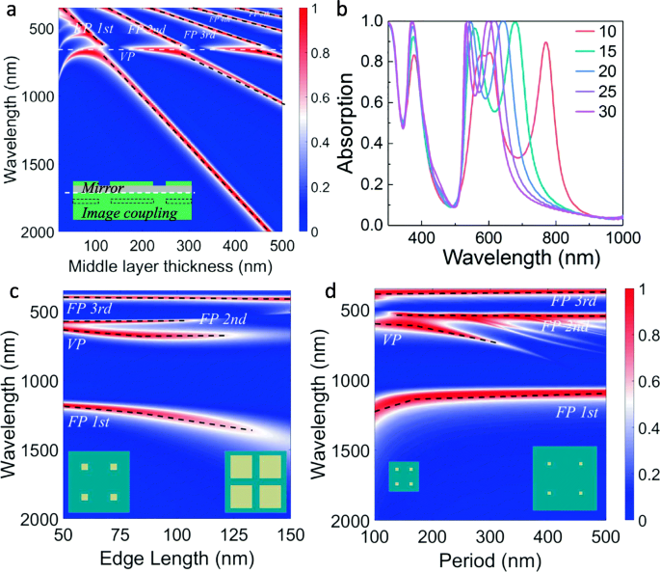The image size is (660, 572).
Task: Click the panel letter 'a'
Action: (9, 12)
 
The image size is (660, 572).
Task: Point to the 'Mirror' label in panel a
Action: (104, 188)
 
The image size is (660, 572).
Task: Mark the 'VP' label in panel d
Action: (392, 340)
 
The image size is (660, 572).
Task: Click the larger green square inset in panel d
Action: (565, 477)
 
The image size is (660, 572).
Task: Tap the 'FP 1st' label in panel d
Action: (576, 412)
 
